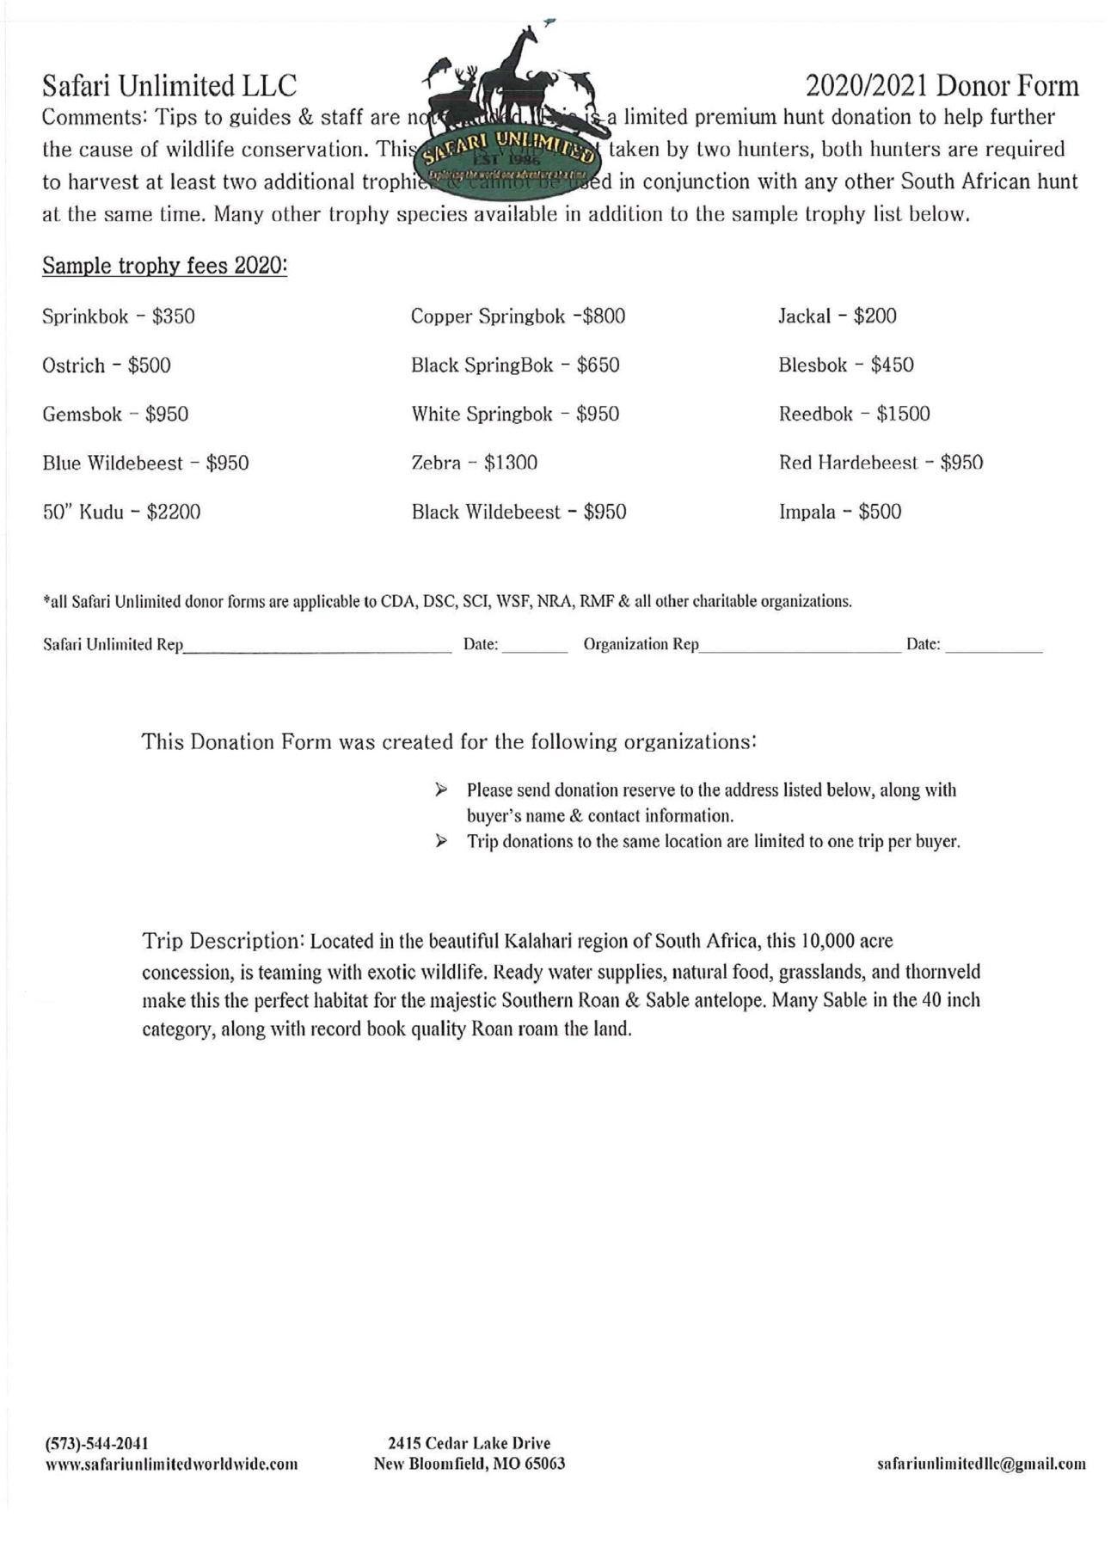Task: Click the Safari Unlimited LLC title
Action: [169, 86]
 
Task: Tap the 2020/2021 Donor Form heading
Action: [942, 86]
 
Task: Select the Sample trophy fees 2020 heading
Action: [164, 266]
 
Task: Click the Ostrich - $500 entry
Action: [107, 365]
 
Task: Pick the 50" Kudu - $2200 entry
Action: [121, 513]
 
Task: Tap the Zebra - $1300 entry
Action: [474, 464]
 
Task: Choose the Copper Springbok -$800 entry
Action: [518, 316]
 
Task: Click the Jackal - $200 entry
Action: [837, 316]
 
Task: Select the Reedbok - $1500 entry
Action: [854, 415]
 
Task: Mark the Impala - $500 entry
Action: [839, 513]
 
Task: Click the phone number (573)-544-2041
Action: [95, 1443]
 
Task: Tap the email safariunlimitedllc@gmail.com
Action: [980, 1464]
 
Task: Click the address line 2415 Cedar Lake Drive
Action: [469, 1443]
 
